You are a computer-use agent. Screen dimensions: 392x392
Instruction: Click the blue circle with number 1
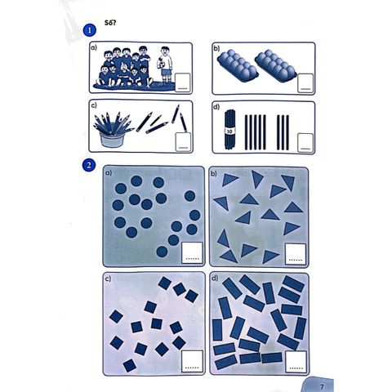point(90,30)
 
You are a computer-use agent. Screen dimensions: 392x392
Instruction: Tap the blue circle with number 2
point(89,165)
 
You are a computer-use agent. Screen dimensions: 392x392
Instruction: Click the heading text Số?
point(110,23)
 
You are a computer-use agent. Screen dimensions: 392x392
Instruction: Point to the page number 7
point(323,386)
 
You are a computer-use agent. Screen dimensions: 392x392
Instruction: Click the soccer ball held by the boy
point(161,65)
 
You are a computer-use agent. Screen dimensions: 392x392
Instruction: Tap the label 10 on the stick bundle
point(230,131)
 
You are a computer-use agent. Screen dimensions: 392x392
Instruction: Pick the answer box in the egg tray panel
point(305,82)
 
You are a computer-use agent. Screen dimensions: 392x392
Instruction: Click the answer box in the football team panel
point(182,82)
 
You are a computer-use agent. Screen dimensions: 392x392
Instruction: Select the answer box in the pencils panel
point(183,141)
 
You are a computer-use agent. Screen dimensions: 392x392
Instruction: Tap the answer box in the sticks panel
point(305,142)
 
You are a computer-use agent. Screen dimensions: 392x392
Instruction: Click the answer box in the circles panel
point(192,252)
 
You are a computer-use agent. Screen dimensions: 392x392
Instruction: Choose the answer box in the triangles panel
point(296,254)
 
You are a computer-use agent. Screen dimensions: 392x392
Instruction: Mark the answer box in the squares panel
point(192,361)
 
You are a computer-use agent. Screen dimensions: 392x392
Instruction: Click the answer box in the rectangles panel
point(296,362)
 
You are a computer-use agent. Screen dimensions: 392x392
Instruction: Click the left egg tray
point(238,65)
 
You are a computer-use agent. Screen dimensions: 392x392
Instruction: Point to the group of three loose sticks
point(283,132)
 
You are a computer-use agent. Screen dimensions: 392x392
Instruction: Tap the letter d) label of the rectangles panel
point(215,278)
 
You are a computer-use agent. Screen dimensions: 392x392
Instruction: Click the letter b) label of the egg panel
point(216,48)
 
